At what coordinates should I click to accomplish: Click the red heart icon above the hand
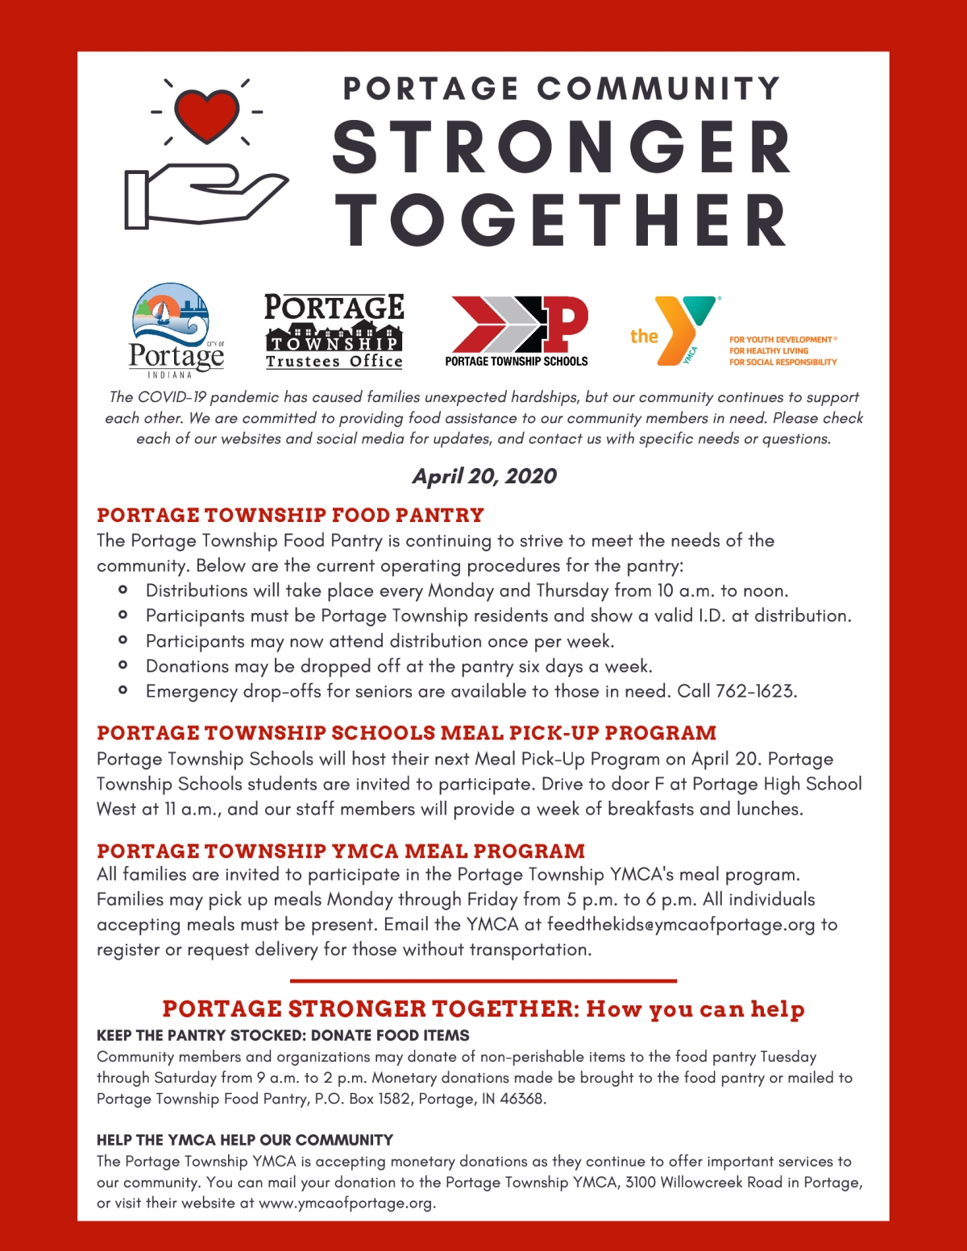point(207,114)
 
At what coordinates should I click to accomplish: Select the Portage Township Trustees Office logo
point(334,331)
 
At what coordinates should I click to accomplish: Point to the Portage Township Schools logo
point(517,331)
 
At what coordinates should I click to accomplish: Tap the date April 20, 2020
point(484,476)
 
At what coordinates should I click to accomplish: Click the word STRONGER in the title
point(562,147)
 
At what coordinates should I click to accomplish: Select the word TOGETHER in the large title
point(562,220)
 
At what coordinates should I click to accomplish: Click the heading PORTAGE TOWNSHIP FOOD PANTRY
point(290,515)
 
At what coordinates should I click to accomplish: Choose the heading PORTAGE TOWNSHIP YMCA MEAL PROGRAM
point(341,851)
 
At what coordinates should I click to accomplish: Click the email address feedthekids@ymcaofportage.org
point(681,924)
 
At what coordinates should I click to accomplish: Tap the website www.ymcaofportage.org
point(346,1203)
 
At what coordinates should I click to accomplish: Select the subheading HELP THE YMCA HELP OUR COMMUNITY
point(245,1140)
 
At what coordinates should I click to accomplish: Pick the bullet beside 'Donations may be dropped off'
point(122,665)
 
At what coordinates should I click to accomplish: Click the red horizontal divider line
point(483,980)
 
